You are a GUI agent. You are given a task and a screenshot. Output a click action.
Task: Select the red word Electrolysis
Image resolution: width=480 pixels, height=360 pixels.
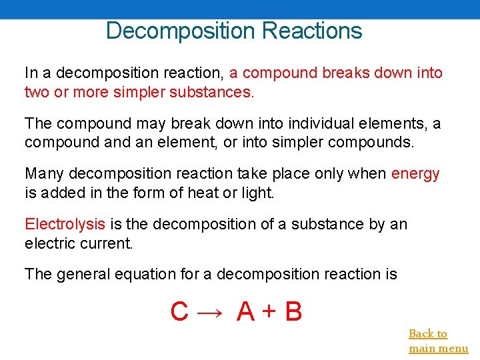(x=65, y=224)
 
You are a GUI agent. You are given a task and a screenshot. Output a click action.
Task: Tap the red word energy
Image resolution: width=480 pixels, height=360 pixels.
(x=415, y=174)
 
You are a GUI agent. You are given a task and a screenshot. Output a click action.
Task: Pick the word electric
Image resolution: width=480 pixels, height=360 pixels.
(x=51, y=243)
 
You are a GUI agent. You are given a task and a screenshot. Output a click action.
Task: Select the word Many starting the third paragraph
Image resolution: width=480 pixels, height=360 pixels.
(x=45, y=174)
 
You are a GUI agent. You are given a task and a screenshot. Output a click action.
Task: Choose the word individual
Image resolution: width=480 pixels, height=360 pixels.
(x=323, y=124)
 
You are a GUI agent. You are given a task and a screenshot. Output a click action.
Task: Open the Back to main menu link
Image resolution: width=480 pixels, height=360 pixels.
(x=437, y=341)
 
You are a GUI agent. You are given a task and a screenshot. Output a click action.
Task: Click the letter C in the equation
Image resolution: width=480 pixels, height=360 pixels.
(x=179, y=311)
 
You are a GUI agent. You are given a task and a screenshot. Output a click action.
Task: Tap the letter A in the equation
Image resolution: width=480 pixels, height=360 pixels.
(x=245, y=311)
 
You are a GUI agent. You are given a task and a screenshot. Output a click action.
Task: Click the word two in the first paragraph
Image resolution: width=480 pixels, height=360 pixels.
(x=35, y=91)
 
